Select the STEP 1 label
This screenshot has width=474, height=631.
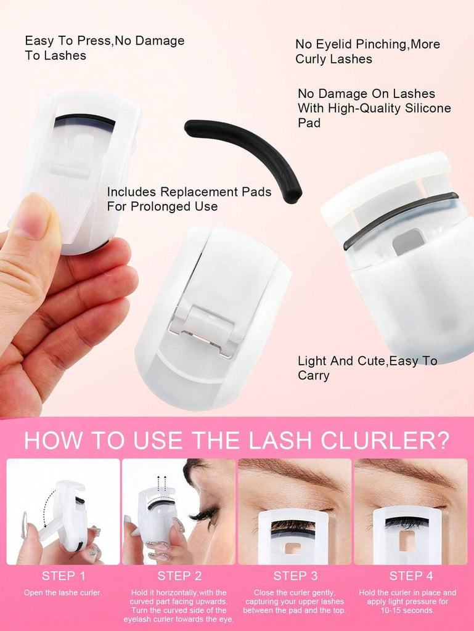(63, 576)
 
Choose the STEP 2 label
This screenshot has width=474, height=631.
(179, 576)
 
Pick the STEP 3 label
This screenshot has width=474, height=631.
(295, 576)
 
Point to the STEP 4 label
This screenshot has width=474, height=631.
(411, 576)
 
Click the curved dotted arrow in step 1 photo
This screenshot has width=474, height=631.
(47, 508)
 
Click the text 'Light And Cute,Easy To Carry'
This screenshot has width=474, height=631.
(367, 368)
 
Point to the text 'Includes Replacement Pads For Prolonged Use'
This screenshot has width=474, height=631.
(189, 199)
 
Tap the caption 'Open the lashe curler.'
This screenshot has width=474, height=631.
(63, 592)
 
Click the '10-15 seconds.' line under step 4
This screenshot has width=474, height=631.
(407, 611)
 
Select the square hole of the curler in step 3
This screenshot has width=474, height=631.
(293, 548)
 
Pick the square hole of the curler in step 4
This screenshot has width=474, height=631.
(407, 541)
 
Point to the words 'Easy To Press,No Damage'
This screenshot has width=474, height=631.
(105, 41)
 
